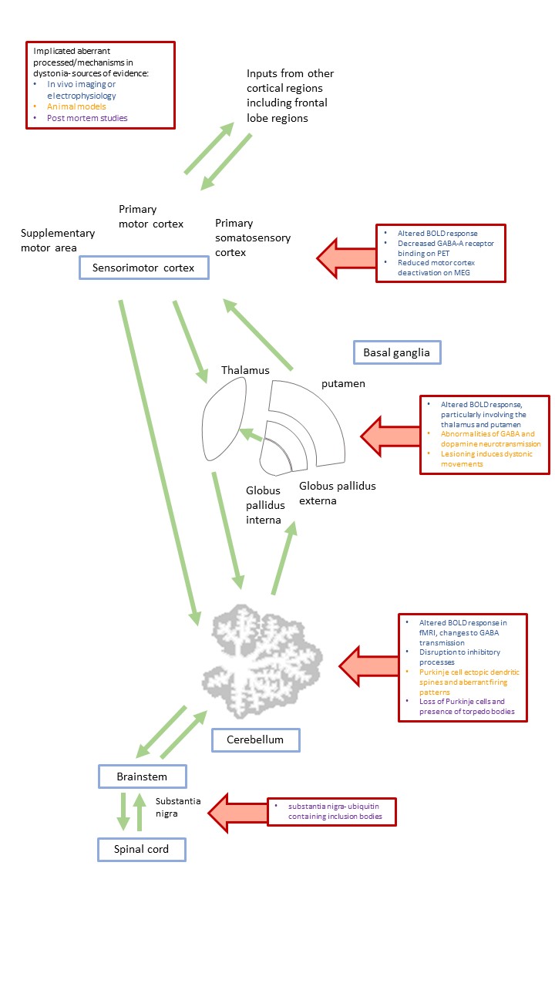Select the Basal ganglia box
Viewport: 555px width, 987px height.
pos(396,352)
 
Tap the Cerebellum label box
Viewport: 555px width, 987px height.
pos(255,739)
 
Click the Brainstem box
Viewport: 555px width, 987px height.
pos(143,776)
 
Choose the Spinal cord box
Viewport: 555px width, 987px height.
pos(142,850)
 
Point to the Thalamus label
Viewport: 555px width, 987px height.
pos(245,370)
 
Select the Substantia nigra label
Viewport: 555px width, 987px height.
pos(178,807)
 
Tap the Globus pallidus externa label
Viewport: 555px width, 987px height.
pos(336,493)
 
